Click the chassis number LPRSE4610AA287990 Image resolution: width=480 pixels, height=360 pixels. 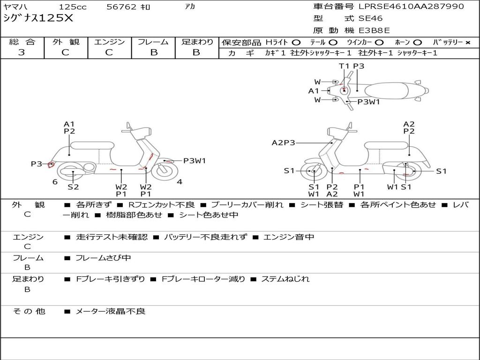click(411, 7)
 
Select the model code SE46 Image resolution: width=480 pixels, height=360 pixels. click(370, 19)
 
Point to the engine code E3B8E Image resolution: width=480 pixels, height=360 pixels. click(374, 31)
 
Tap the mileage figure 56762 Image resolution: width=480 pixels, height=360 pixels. click(121, 7)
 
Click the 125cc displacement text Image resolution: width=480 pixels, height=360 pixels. click(73, 7)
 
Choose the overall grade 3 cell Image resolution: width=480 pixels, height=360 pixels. click(22, 52)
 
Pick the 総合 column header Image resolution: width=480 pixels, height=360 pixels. click(22, 42)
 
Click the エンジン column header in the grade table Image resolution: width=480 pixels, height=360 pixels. click(109, 42)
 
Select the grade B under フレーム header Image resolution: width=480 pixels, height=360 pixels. click(153, 52)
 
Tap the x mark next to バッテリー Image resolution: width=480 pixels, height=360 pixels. click(467, 43)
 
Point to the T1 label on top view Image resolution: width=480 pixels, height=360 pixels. click(345, 66)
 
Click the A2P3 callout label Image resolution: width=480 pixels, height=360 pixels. click(284, 142)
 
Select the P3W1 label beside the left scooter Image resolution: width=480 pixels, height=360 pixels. click(194, 161)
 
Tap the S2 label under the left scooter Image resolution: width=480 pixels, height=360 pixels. click(73, 187)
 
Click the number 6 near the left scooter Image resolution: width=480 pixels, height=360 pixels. click(55, 182)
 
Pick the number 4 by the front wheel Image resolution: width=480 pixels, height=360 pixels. click(180, 182)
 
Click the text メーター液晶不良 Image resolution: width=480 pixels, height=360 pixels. click(111, 311)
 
